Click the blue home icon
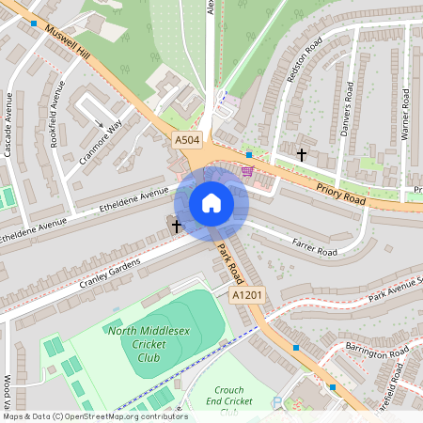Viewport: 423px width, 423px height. coord(211,203)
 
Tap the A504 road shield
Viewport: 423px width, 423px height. coord(188,140)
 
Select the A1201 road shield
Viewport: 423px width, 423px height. coord(246,295)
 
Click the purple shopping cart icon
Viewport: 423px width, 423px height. coord(247,170)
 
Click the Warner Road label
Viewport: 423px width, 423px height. coord(405,114)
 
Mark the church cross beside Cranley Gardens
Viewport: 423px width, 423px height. coord(176,226)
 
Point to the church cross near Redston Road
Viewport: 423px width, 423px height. coord(301,153)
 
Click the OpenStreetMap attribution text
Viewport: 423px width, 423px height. coord(88,416)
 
